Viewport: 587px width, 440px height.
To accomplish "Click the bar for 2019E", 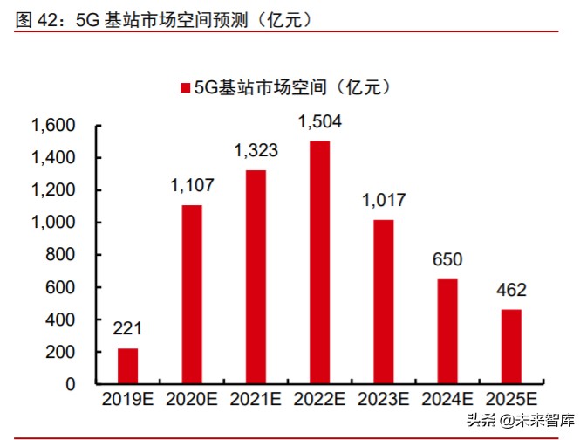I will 128,366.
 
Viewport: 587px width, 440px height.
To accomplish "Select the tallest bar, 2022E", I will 320,262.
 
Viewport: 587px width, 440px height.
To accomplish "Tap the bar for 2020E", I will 192,294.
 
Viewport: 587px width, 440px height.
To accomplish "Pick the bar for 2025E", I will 512,347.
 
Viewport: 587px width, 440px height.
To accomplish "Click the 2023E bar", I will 384,301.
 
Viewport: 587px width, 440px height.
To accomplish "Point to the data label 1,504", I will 320,122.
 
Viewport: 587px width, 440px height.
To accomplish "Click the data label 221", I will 128,330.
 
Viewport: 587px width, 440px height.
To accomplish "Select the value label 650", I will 447,260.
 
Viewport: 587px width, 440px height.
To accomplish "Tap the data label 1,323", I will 256,151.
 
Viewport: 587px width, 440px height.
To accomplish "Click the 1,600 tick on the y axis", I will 54,126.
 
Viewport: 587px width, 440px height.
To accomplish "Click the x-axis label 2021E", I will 256,401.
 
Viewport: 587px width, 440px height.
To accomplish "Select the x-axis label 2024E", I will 447,401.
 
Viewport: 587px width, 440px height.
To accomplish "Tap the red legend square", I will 185,87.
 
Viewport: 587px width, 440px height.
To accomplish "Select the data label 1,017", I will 384,201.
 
